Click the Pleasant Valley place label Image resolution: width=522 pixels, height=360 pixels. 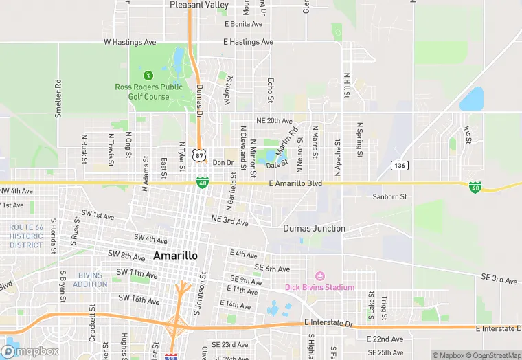[x=199, y=5]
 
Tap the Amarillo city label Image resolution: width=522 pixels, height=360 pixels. [x=175, y=255]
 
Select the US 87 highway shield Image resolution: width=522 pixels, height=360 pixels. [x=198, y=156]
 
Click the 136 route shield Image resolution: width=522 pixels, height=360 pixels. [x=400, y=165]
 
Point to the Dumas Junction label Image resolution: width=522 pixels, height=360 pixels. [x=314, y=228]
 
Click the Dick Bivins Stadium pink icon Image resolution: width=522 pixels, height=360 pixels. [x=318, y=276]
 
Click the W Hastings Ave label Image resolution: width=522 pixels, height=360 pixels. [x=130, y=42]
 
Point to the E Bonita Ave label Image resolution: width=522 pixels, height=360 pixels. [x=244, y=24]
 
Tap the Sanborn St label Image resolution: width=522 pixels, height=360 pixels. [x=389, y=197]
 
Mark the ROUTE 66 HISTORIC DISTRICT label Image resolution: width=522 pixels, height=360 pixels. [x=26, y=236]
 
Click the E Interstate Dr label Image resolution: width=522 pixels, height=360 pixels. [x=328, y=323]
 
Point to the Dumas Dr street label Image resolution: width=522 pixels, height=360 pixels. [x=200, y=100]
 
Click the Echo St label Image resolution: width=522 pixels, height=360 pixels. [x=271, y=90]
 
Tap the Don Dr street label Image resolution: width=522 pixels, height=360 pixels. [x=223, y=163]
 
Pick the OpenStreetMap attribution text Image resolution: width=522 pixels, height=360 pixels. [x=492, y=355]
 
